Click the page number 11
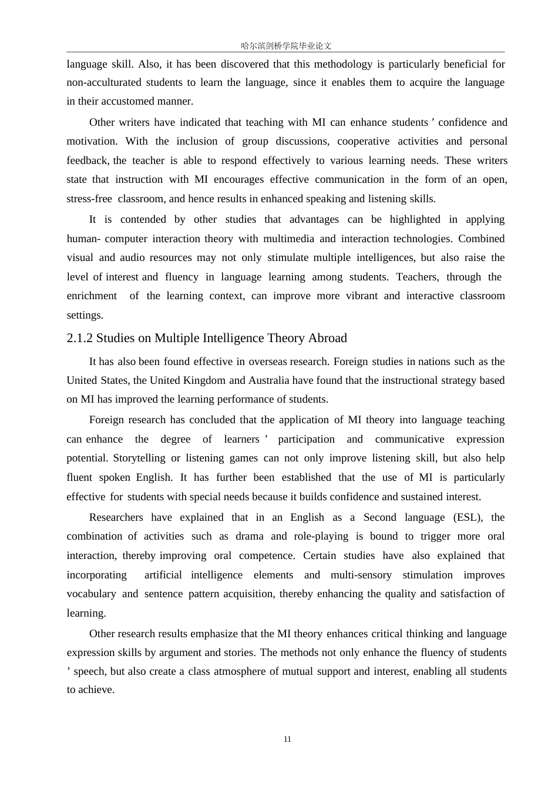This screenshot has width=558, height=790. (287, 739)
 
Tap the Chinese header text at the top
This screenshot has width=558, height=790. (286, 45)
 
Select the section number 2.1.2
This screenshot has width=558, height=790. (80, 338)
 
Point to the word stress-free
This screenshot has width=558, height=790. (89, 199)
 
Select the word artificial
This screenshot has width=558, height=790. (163, 575)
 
